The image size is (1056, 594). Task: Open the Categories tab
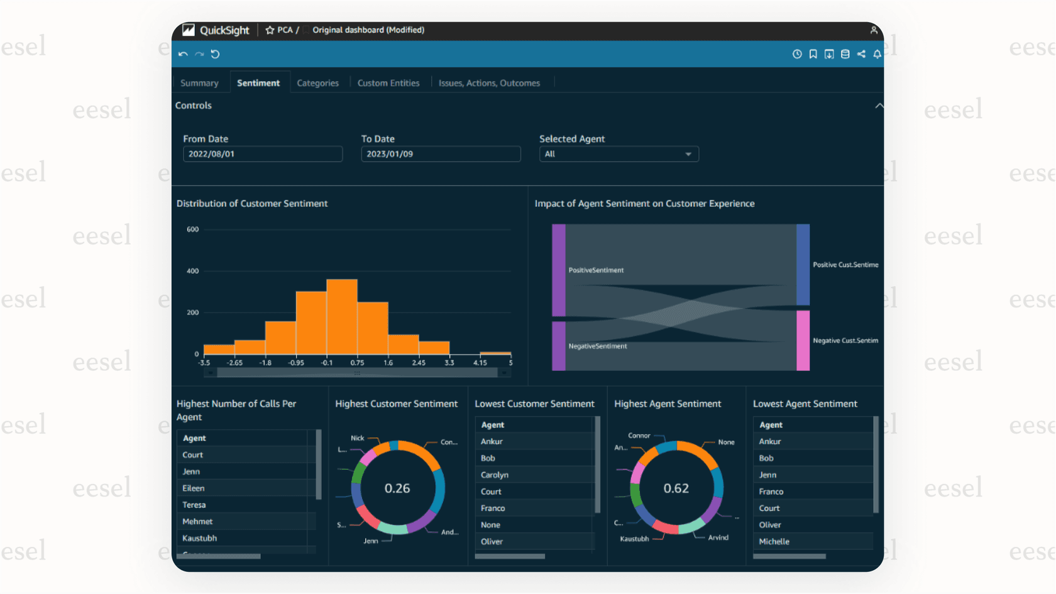[317, 83]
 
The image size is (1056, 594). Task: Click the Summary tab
[199, 83]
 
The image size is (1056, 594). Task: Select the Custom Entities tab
[388, 83]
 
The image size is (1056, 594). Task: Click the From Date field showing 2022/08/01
[262, 154]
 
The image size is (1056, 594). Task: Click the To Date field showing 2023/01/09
[440, 154]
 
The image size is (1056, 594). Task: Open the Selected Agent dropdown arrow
[688, 154]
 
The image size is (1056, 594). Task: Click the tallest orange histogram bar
[342, 317]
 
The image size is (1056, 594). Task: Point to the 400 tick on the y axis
[192, 271]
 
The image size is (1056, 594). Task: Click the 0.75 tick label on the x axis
[357, 363]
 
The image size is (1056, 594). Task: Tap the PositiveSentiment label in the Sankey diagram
[596, 270]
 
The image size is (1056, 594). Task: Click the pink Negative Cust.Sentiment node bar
[803, 340]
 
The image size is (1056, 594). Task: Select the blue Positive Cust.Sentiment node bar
[803, 265]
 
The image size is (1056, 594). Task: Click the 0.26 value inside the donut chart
[397, 488]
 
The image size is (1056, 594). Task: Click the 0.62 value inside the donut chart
[676, 488]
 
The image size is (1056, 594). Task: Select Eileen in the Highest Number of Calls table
[194, 488]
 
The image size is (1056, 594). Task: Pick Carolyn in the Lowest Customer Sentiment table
[495, 475]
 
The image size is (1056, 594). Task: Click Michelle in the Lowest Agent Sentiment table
[774, 542]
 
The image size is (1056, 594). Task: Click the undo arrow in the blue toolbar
[183, 54]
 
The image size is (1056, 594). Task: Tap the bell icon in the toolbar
[877, 54]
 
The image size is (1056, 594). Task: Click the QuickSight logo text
[224, 30]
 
